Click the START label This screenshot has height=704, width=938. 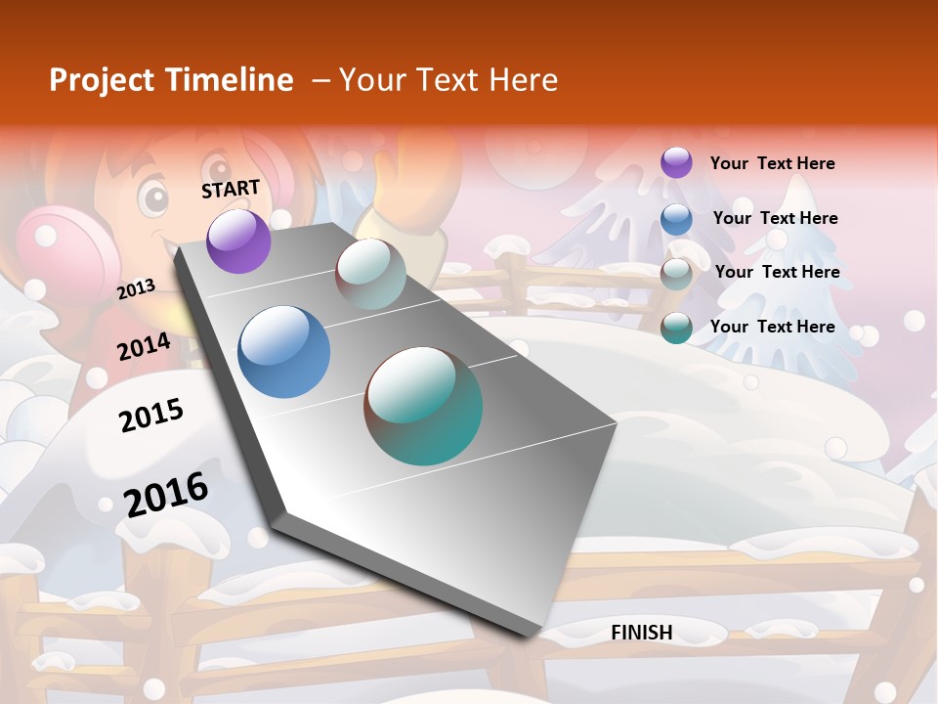click(x=231, y=189)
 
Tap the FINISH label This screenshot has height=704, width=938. click(x=641, y=633)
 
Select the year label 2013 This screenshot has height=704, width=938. click(x=137, y=288)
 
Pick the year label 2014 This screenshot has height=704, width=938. click(x=145, y=346)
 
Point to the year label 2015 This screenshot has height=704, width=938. click(x=151, y=416)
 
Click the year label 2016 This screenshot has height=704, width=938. click(x=166, y=494)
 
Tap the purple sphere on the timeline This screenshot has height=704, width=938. click(x=238, y=241)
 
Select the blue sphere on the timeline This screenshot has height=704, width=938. click(x=283, y=352)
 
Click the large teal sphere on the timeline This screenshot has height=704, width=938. click(x=423, y=406)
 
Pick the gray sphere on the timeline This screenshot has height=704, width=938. click(x=370, y=274)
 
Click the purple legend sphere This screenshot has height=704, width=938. click(x=676, y=163)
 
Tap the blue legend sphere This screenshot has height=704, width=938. click(x=676, y=219)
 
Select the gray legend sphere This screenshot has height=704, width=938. click(x=676, y=274)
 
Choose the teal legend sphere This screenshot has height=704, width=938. click(x=676, y=329)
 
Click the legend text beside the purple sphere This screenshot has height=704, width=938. click(x=772, y=163)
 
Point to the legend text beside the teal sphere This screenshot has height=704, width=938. click(x=772, y=327)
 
